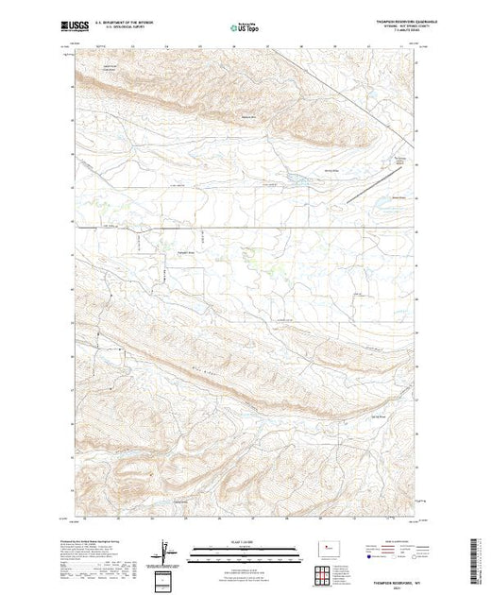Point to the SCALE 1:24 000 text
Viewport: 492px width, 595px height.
242,544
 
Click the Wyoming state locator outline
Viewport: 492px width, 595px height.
328,547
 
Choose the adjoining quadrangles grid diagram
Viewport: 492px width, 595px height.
327,572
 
